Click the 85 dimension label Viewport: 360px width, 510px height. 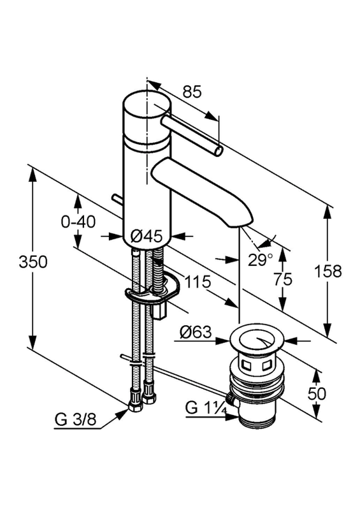[x=192, y=92]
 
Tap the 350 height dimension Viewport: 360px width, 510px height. [x=33, y=262]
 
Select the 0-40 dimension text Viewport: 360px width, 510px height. [x=78, y=222]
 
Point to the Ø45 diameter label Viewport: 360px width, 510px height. [x=147, y=236]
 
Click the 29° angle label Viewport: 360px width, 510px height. [x=261, y=259]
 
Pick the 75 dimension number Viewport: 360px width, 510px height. [x=283, y=279]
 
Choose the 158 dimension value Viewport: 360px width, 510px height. [x=328, y=271]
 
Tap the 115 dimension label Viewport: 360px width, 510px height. [x=198, y=282]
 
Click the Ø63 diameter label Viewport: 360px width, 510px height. [x=196, y=332]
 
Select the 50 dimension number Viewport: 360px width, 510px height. [x=317, y=394]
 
